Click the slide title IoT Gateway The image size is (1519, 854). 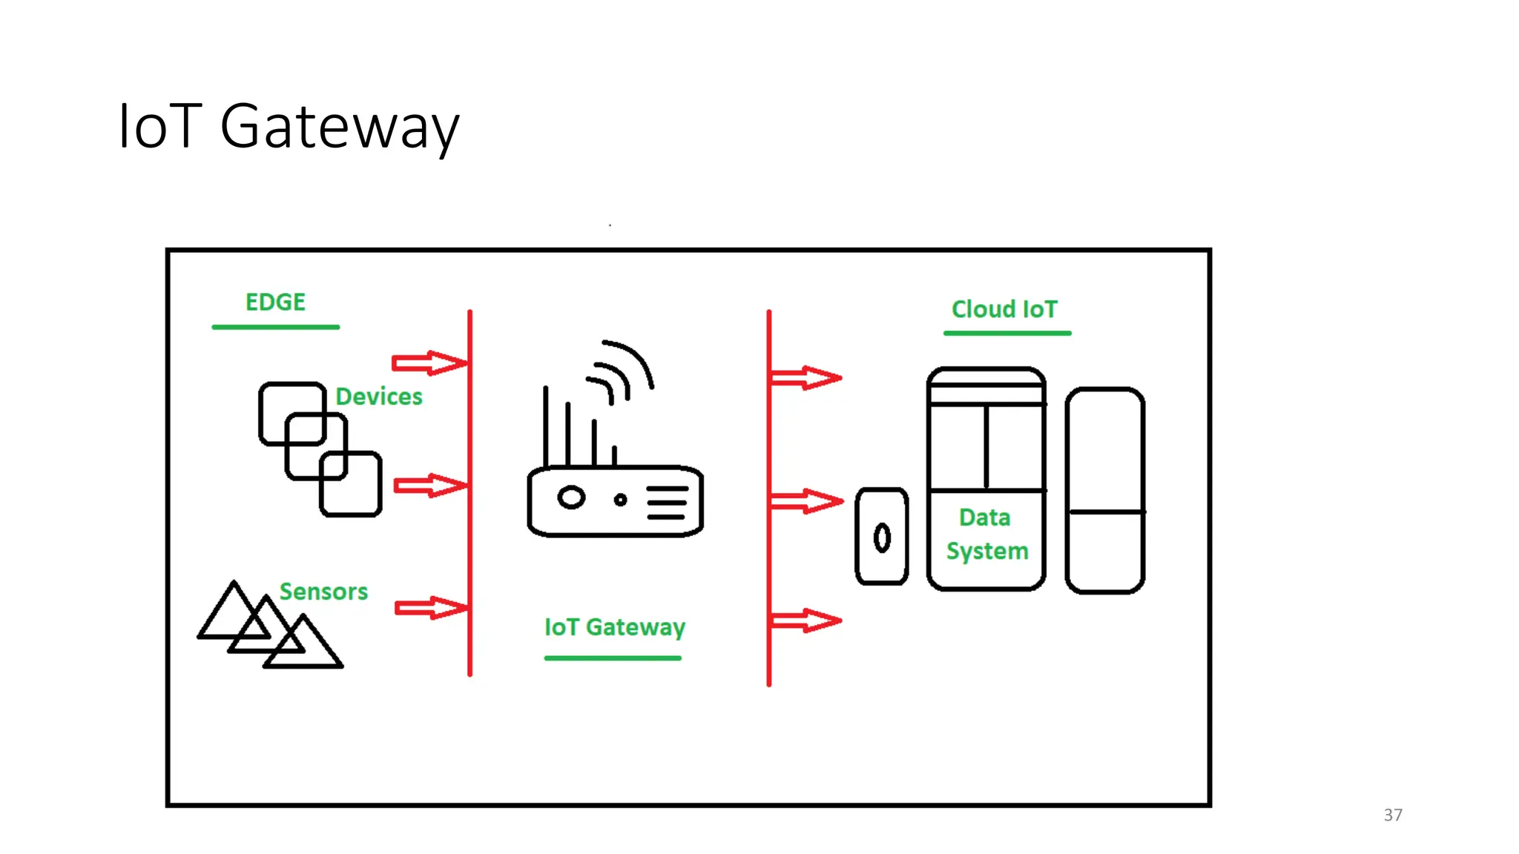[289, 127]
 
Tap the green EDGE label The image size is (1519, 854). [275, 302]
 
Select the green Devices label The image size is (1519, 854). [379, 397]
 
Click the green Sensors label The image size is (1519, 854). [323, 592]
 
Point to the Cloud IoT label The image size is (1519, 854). [1004, 309]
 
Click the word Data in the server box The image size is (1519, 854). [984, 517]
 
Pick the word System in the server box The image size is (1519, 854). [987, 552]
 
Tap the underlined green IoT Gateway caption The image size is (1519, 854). [614, 627]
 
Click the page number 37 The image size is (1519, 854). [1393, 815]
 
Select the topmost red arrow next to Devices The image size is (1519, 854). [429, 363]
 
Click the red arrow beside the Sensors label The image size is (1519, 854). [430, 608]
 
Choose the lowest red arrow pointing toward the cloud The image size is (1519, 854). [805, 620]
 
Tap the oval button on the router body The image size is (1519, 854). [571, 497]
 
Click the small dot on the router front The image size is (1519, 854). [621, 500]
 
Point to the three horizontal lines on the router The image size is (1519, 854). [667, 503]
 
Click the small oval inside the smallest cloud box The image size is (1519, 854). [882, 538]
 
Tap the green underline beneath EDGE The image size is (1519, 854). [275, 327]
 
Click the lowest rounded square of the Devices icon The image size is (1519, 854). [351, 484]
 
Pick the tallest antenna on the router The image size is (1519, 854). [546, 426]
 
